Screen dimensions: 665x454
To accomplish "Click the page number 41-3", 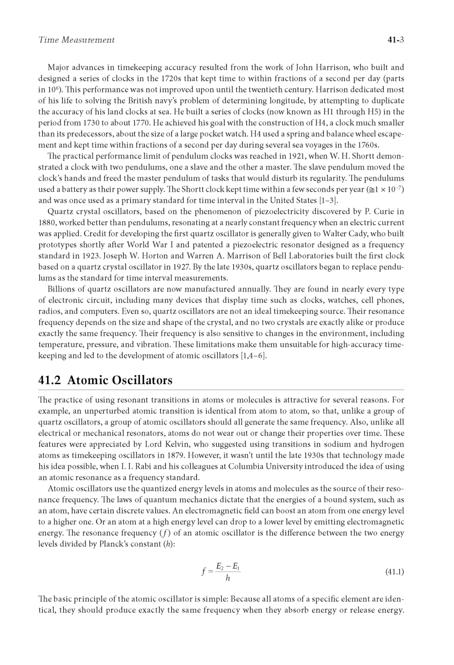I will (394, 40).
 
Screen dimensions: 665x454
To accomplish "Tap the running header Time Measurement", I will (76, 40).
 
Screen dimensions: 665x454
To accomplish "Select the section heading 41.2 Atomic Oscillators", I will (105, 380).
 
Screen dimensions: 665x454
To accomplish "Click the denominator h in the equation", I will (227, 579).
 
